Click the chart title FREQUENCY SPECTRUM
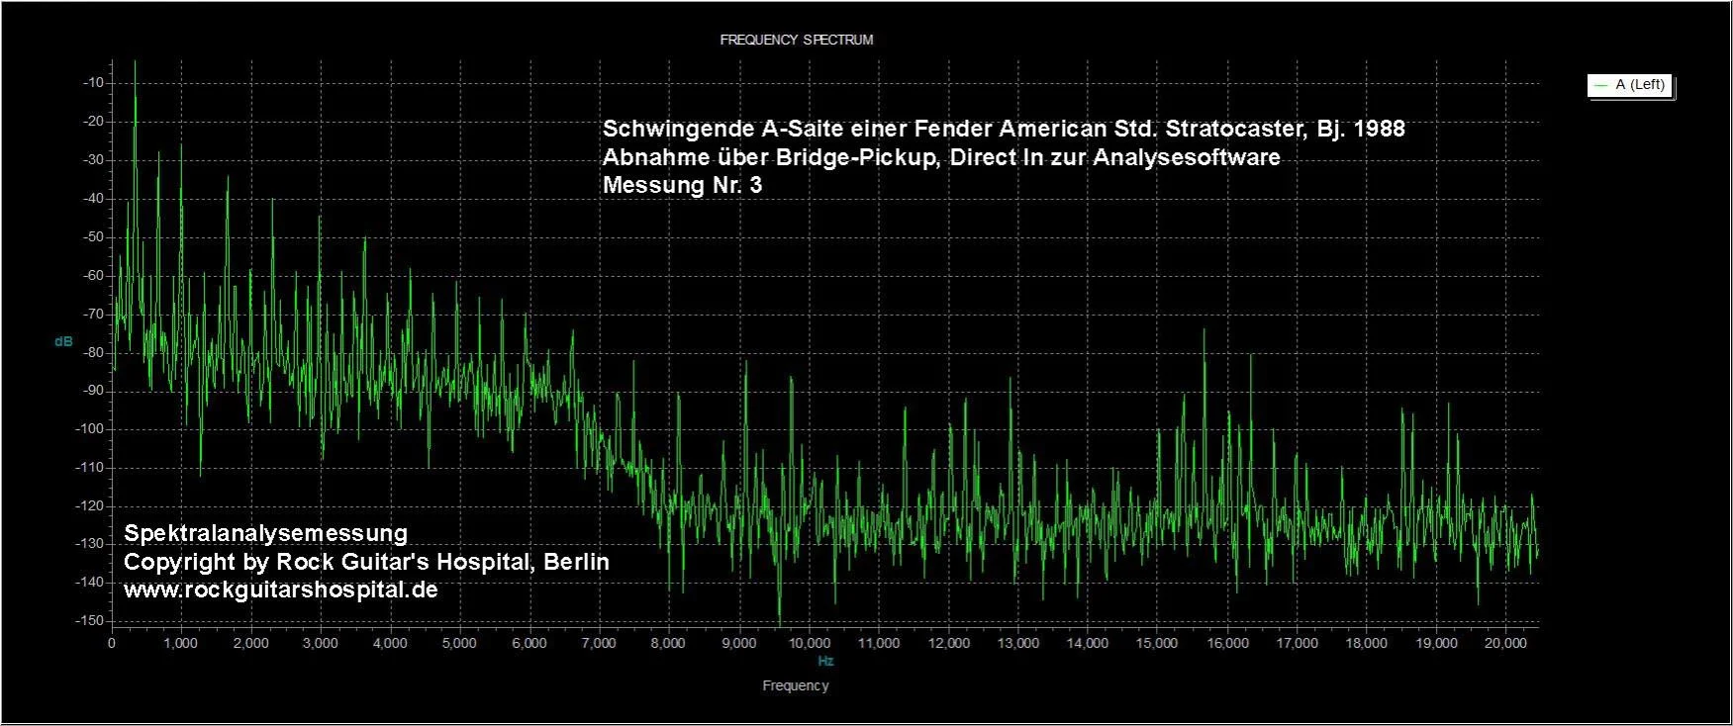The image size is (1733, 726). click(x=796, y=40)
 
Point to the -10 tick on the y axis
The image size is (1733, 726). click(x=94, y=82)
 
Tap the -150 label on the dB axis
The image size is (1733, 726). click(x=92, y=620)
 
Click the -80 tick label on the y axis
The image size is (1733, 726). click(x=94, y=352)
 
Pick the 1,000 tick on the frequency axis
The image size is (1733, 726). click(x=180, y=643)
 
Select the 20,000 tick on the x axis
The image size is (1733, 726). click(x=1505, y=643)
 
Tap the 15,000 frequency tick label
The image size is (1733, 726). click(x=1157, y=643)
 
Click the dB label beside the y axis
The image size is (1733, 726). click(x=63, y=341)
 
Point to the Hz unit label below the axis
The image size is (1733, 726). click(x=825, y=661)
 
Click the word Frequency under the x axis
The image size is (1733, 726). click(x=795, y=685)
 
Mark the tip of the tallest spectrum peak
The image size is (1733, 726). click(x=135, y=61)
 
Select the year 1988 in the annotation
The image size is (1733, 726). click(x=1378, y=129)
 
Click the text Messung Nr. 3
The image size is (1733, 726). click(x=682, y=185)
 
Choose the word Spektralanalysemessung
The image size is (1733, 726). click(x=265, y=533)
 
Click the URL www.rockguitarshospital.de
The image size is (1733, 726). click(x=280, y=590)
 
